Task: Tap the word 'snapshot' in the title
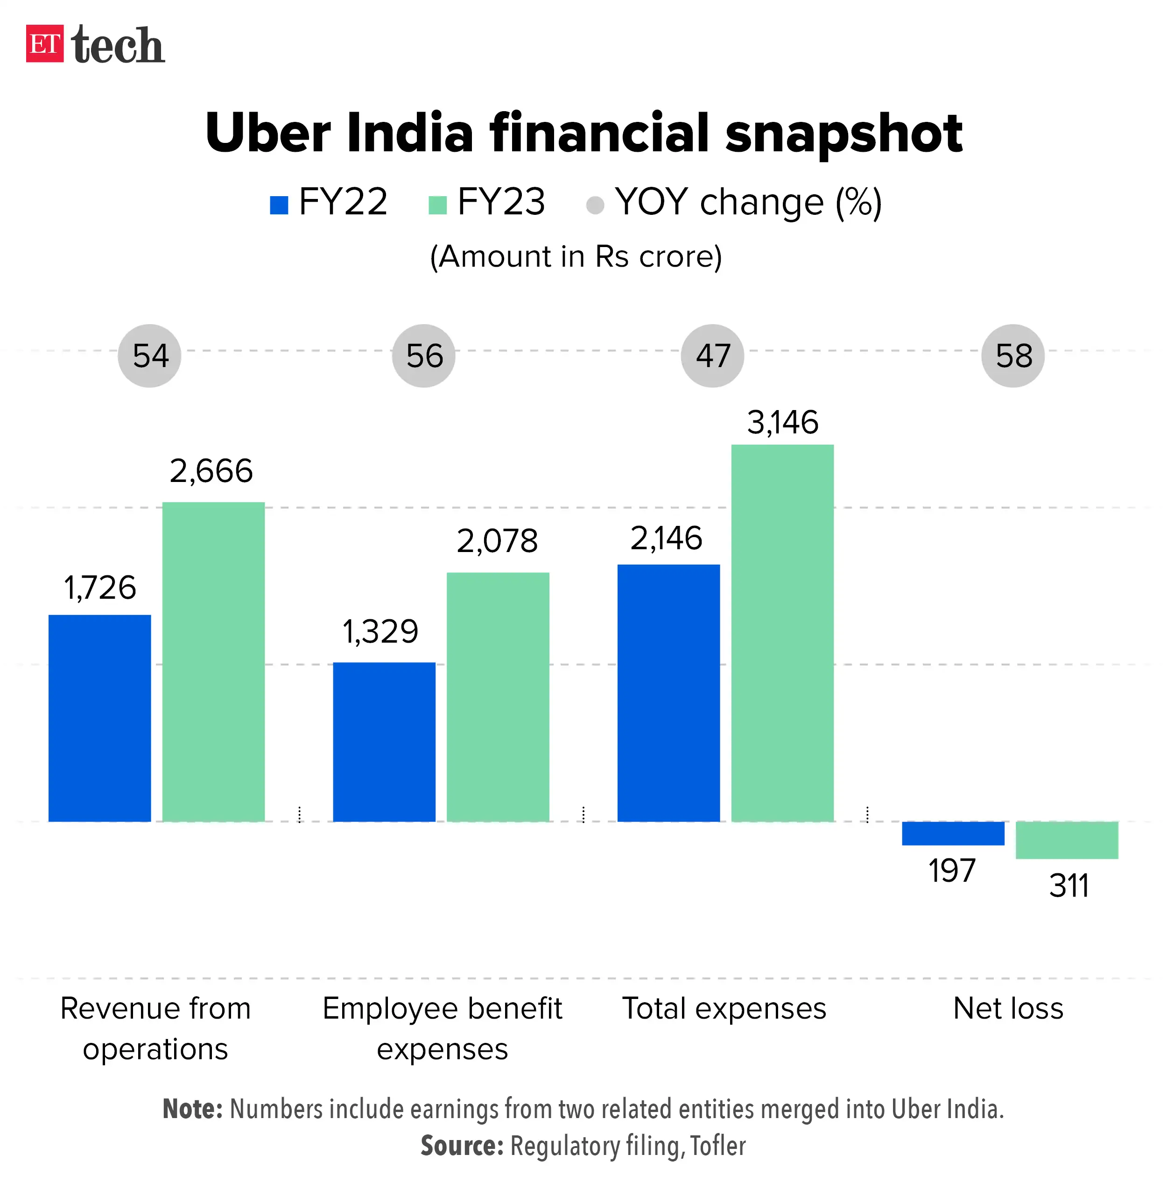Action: coord(844,134)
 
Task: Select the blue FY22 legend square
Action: coord(279,205)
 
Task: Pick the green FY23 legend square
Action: coord(437,205)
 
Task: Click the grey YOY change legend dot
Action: coord(595,205)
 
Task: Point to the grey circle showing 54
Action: coord(149,355)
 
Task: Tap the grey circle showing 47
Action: coord(712,355)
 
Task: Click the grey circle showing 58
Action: coord(1012,355)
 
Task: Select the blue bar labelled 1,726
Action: coord(99,717)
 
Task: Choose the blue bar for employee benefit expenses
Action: coord(384,741)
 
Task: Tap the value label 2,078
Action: coord(497,541)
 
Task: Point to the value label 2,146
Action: coord(666,538)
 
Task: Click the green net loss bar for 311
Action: coord(1067,840)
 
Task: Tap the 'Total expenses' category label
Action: coord(724,1008)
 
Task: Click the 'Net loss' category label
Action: coord(1008,1008)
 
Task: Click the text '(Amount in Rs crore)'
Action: coord(576,256)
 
